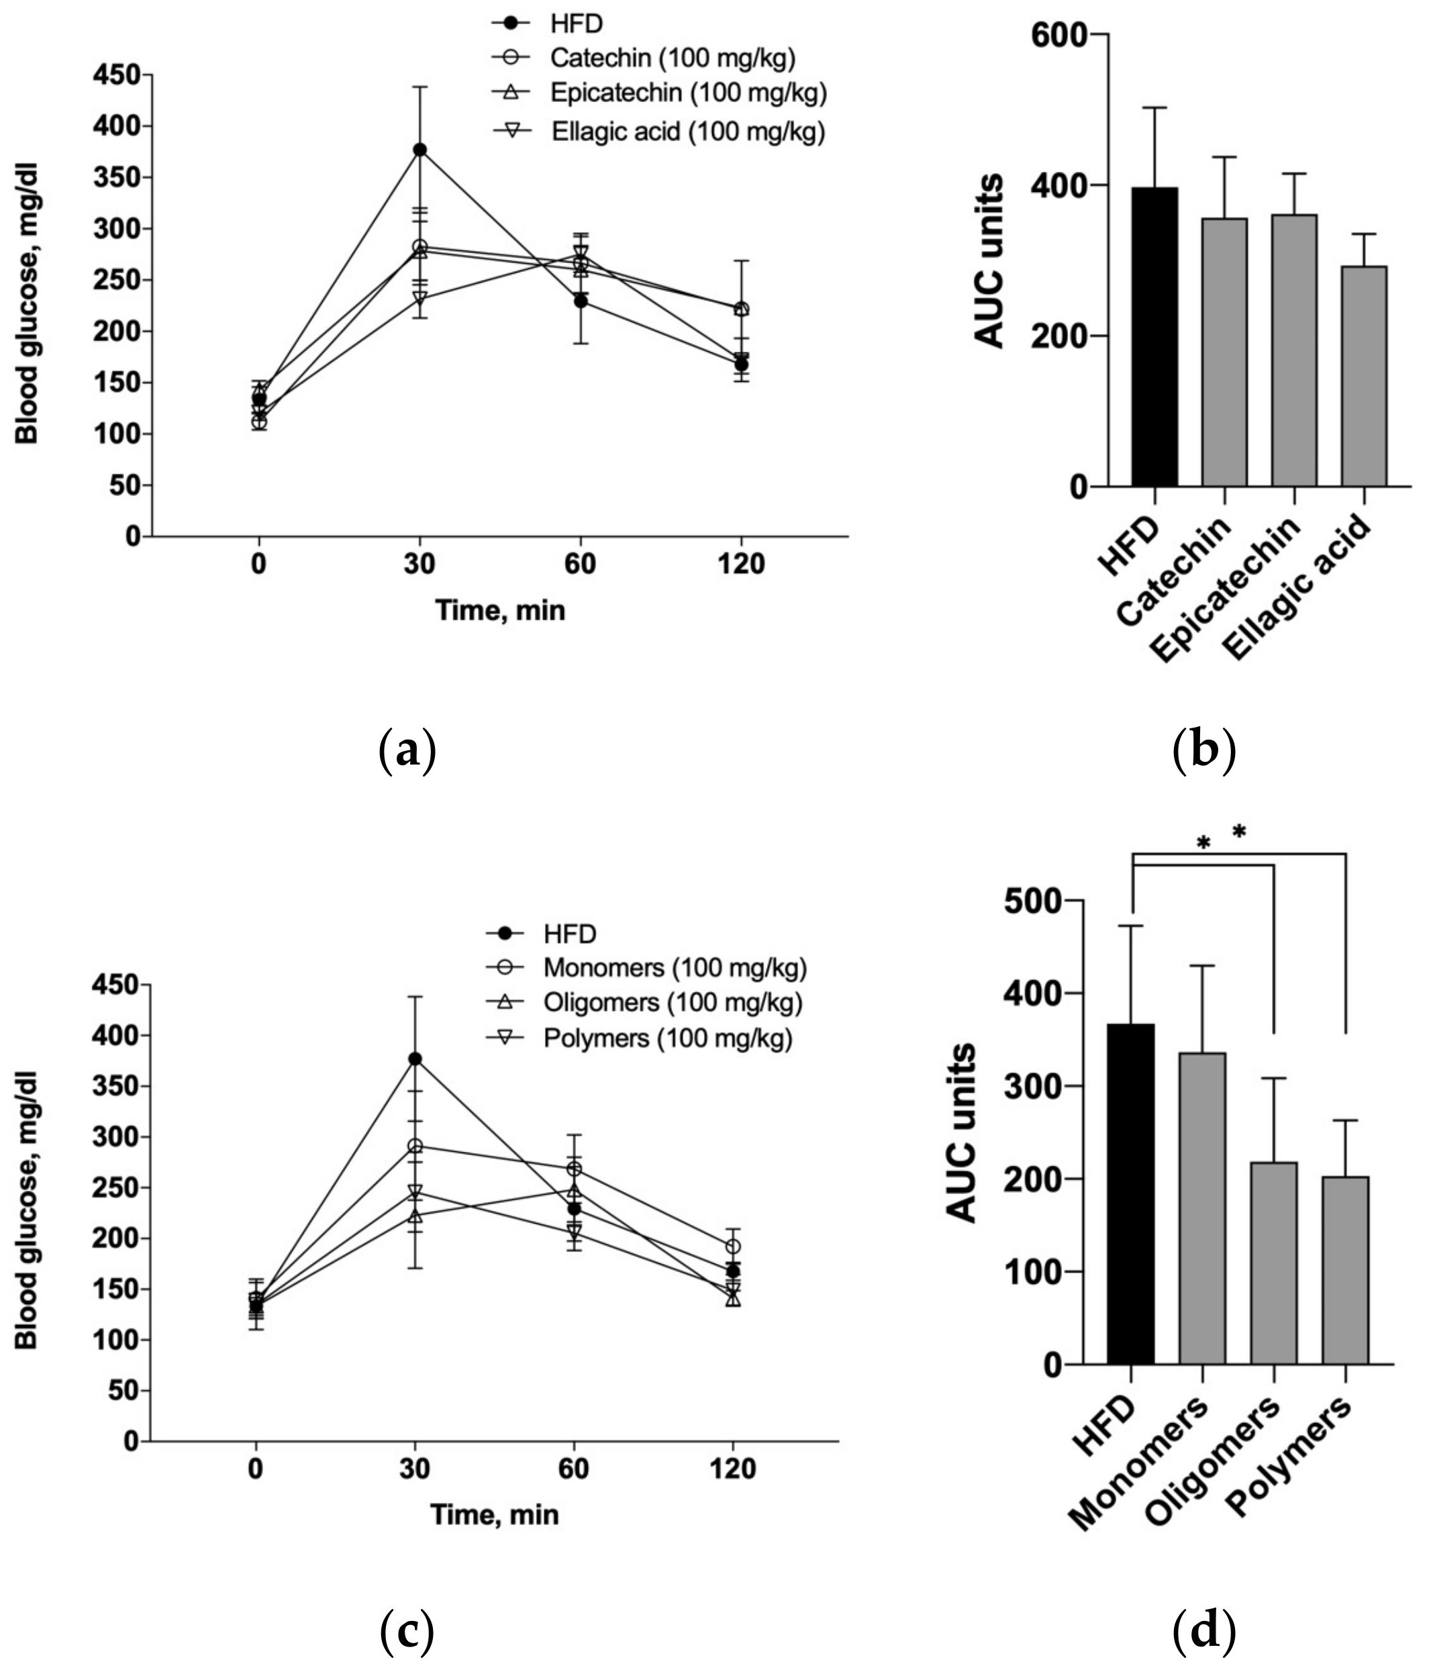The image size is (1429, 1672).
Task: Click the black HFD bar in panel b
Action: click(x=1154, y=338)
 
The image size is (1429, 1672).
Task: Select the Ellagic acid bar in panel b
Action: click(x=1363, y=376)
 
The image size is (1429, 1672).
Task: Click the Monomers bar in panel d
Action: click(x=1201, y=1208)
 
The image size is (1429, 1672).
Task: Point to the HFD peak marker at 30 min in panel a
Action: click(x=420, y=149)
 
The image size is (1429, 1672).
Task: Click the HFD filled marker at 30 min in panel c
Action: click(x=415, y=1059)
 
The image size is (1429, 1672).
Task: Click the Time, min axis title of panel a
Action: click(x=500, y=610)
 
